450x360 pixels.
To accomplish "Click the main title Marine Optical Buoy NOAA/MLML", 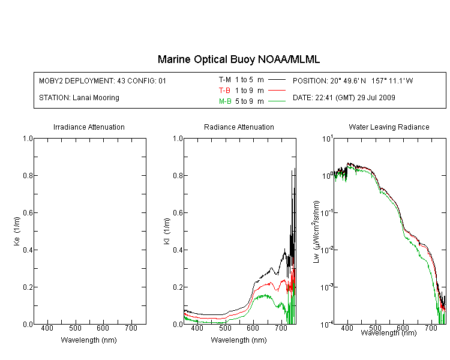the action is coord(239,59).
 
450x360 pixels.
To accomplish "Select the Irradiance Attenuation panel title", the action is coord(89,127).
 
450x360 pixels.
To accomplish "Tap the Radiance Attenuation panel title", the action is coord(239,127).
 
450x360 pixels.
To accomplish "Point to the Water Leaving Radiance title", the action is coord(389,127).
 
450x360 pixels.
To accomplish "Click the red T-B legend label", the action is coord(225,91).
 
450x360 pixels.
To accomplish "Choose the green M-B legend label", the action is coord(225,101).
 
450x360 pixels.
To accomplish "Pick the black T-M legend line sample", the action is coord(277,80).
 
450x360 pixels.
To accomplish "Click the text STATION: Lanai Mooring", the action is coord(79,98).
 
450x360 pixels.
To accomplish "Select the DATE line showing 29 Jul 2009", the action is coord(344,98).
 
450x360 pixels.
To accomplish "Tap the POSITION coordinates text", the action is coord(353,80).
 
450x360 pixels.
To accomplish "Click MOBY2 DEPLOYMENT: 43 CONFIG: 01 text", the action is coord(103,80).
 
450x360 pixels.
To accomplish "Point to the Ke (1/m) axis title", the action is coord(17,232).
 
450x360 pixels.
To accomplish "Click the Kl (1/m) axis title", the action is coord(167,232).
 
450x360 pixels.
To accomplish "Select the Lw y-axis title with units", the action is coord(316,232).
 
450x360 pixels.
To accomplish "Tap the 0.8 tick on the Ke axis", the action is coord(28,175).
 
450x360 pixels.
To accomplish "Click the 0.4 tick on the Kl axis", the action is coord(178,250).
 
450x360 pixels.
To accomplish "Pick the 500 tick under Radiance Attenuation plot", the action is coord(225,328).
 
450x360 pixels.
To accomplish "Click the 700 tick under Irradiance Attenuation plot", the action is coord(131,328).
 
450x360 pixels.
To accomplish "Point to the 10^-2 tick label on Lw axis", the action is coord(327,250).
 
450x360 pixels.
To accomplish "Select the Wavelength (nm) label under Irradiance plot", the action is coord(89,340).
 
